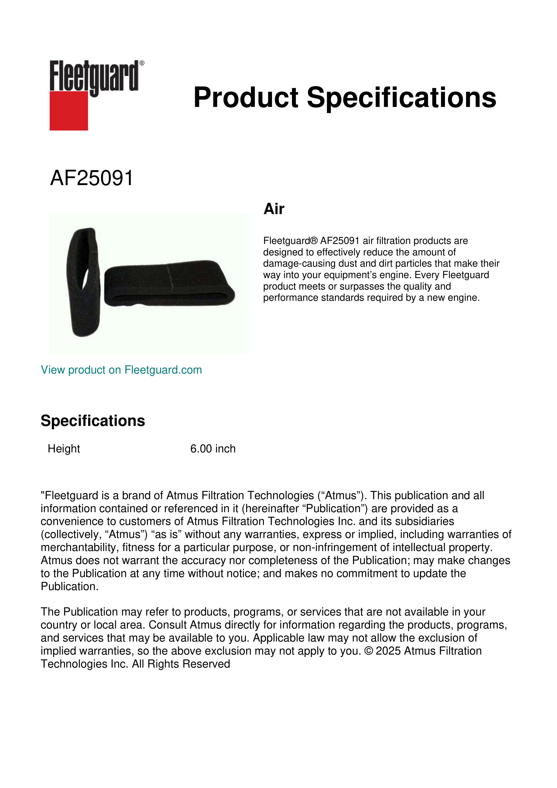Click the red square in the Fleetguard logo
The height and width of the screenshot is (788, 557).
(x=69, y=111)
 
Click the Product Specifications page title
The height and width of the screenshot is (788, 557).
(x=345, y=97)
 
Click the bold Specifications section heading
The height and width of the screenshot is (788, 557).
(x=92, y=421)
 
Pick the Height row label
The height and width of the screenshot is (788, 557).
(x=64, y=449)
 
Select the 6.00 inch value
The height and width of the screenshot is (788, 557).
(x=213, y=449)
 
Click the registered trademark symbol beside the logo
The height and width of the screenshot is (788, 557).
(x=142, y=63)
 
